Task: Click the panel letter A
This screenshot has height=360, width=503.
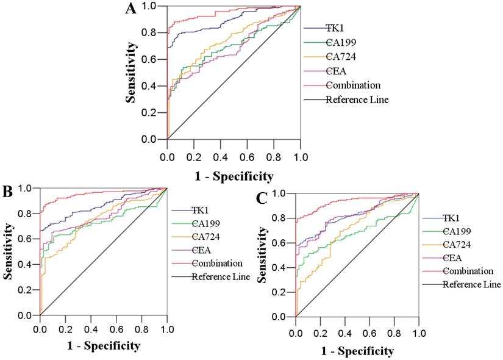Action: point(130,9)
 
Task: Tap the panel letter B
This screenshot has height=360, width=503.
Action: point(8,191)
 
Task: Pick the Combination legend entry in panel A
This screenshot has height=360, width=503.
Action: point(353,85)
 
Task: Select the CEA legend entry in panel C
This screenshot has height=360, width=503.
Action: point(454,257)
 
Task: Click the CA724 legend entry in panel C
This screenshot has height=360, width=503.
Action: point(458,244)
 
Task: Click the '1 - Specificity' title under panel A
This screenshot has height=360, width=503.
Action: point(234,177)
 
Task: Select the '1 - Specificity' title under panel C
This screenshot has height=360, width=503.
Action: point(357,351)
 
